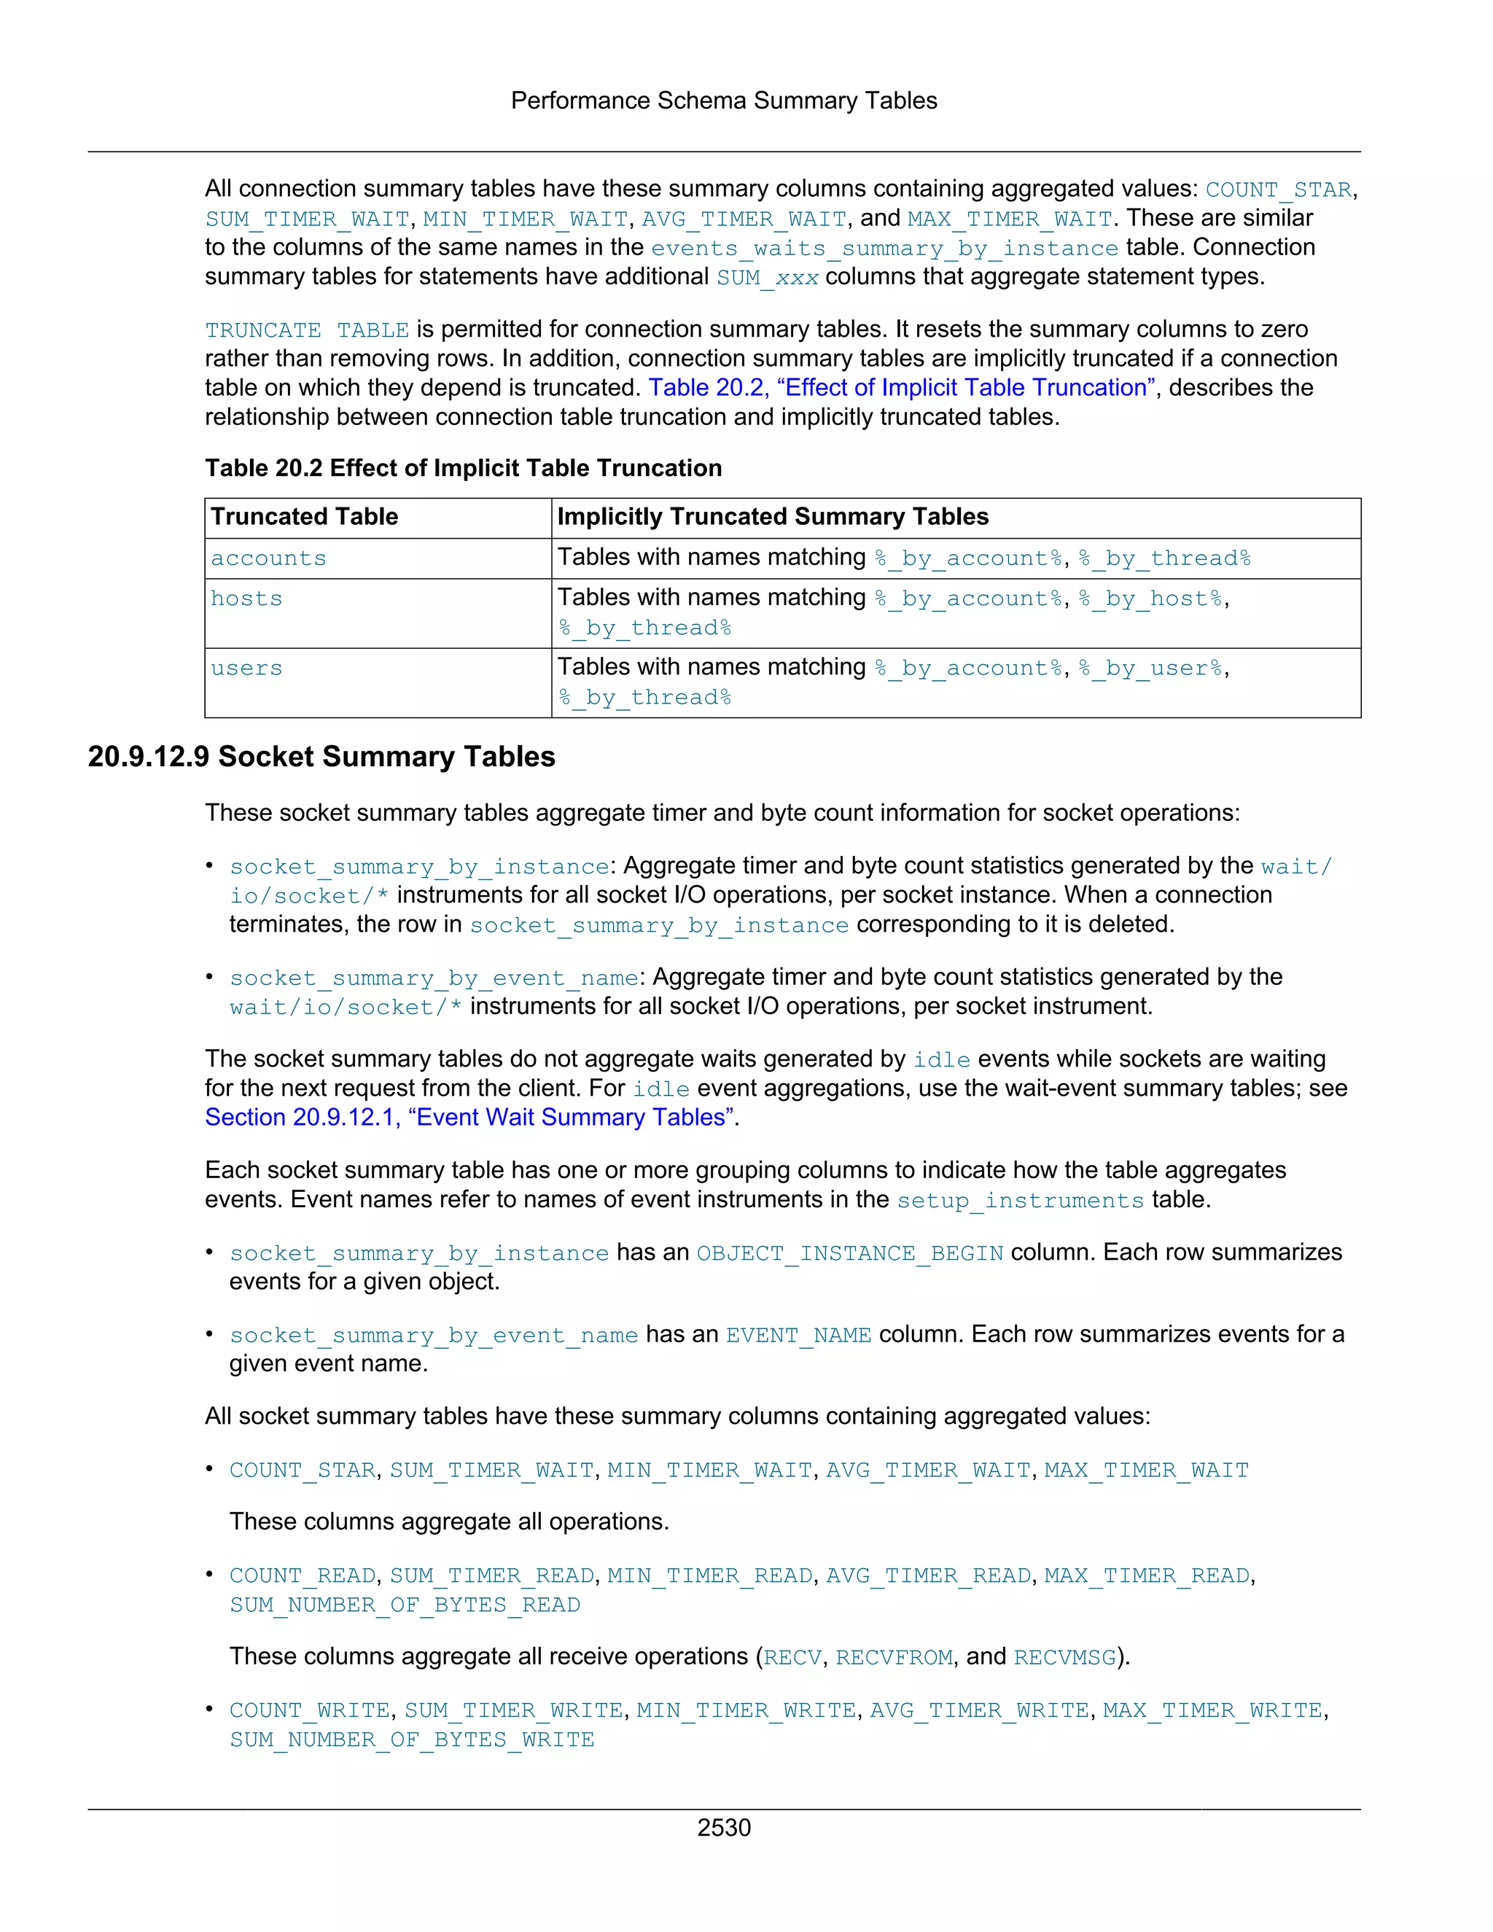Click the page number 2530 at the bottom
723,1827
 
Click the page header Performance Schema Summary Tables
723,101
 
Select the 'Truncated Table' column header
304,517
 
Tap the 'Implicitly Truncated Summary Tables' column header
772,517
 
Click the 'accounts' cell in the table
268,558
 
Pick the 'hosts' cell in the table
246,599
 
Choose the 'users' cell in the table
246,668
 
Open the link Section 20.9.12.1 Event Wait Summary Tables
470,1117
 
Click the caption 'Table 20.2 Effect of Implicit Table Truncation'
463,468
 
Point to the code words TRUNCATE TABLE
306,330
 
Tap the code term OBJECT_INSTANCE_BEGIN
849,1253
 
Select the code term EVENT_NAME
798,1335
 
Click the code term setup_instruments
1020,1201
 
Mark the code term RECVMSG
1064,1657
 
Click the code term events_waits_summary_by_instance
884,249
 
